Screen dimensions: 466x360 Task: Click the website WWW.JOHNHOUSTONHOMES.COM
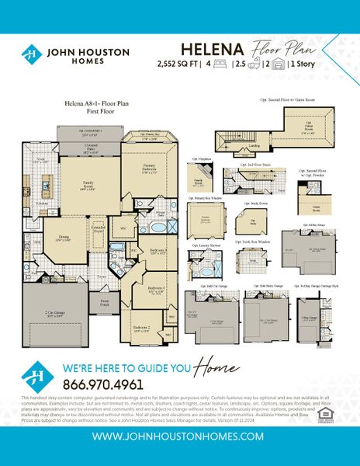[179, 436]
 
